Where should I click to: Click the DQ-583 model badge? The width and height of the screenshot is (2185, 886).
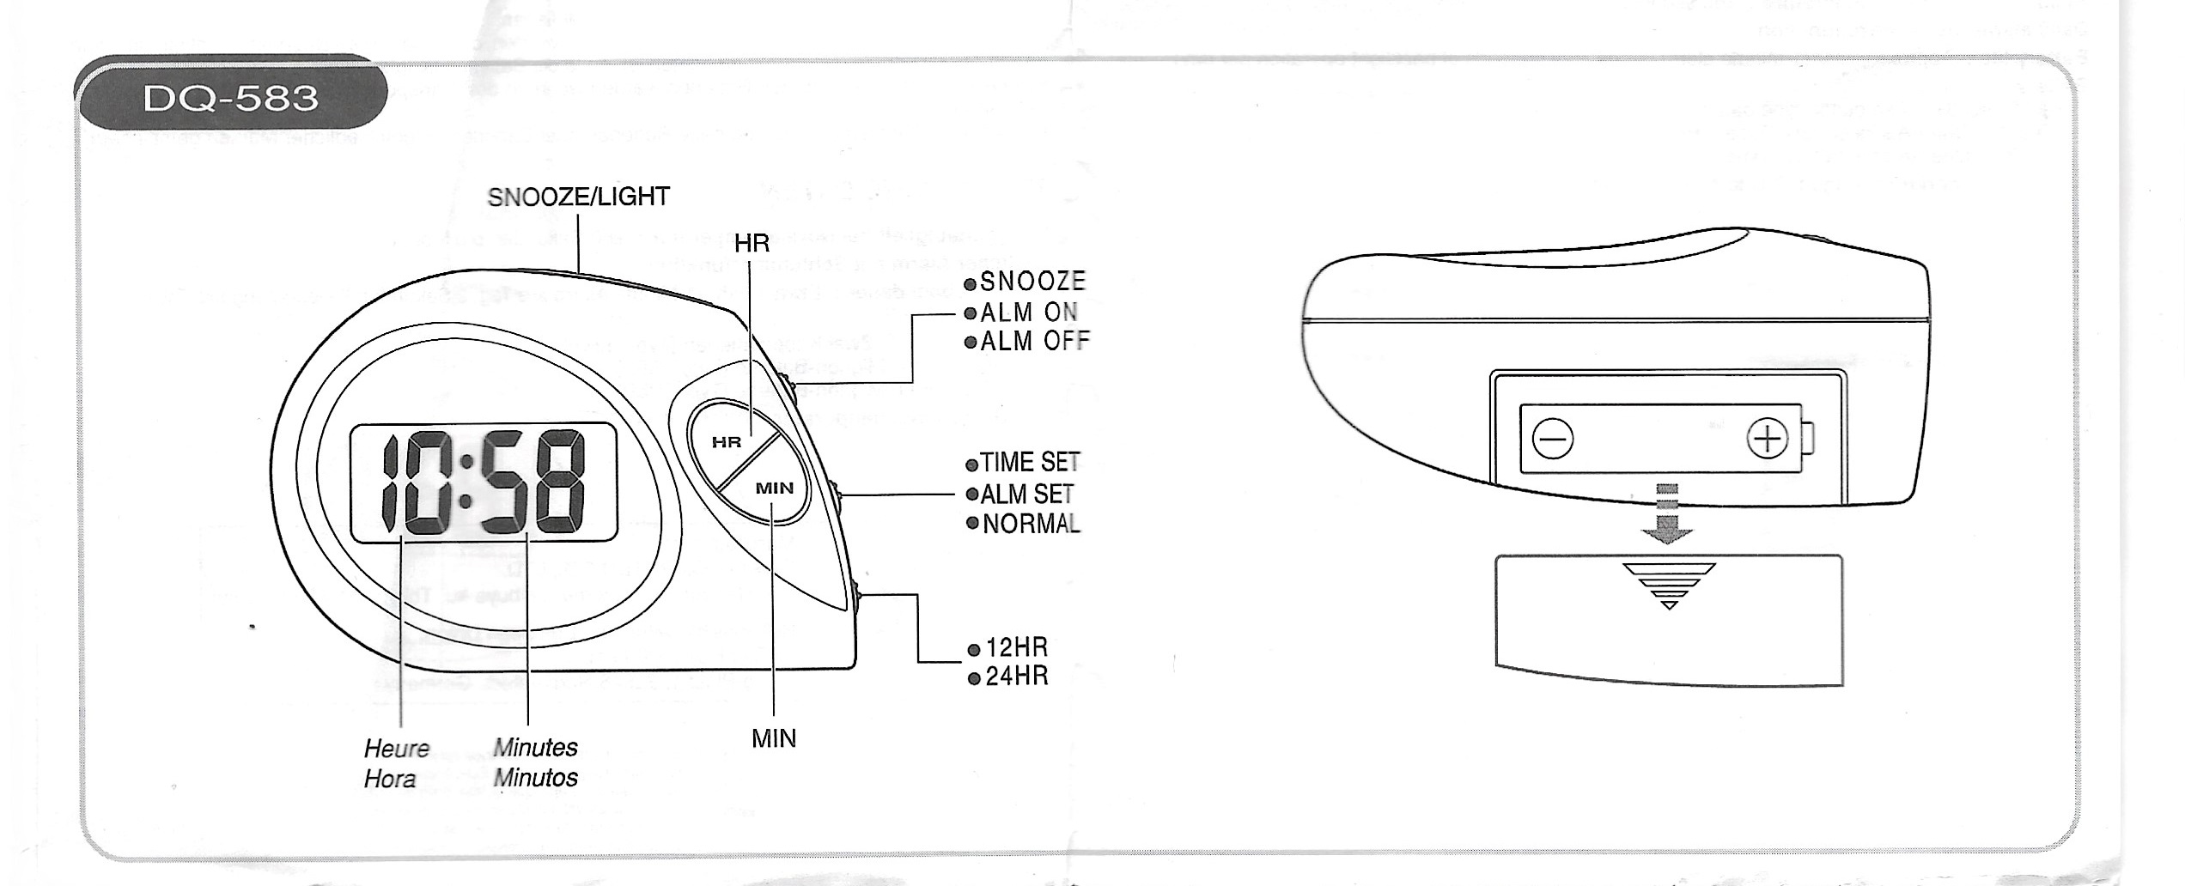click(x=230, y=98)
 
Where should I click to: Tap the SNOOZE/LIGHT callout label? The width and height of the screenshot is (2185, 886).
click(x=578, y=197)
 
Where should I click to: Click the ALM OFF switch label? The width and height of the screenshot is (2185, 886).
click(x=1034, y=342)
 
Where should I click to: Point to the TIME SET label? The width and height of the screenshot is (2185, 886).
click(x=1030, y=463)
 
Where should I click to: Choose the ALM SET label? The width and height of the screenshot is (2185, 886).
click(x=1026, y=495)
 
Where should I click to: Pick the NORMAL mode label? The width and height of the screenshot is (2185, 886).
click(x=1031, y=524)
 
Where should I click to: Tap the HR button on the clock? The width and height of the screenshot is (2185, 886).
click(x=727, y=443)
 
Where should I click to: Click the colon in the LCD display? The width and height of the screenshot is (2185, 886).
click(x=466, y=482)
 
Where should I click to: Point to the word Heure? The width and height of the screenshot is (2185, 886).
click(x=396, y=749)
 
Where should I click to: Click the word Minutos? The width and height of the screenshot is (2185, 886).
click(x=535, y=779)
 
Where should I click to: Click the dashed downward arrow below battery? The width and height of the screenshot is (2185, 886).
click(x=1666, y=515)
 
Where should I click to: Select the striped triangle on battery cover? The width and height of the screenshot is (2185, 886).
click(x=1669, y=585)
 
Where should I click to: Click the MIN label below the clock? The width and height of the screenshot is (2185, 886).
click(x=774, y=738)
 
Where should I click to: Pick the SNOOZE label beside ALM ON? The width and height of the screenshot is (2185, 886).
click(x=1032, y=282)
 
